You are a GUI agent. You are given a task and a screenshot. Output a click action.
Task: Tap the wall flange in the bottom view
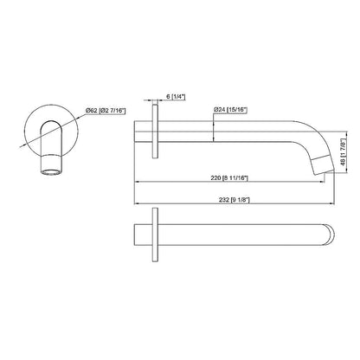tap(155, 235)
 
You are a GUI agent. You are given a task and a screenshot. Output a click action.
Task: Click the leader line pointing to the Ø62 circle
tap(77, 112)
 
